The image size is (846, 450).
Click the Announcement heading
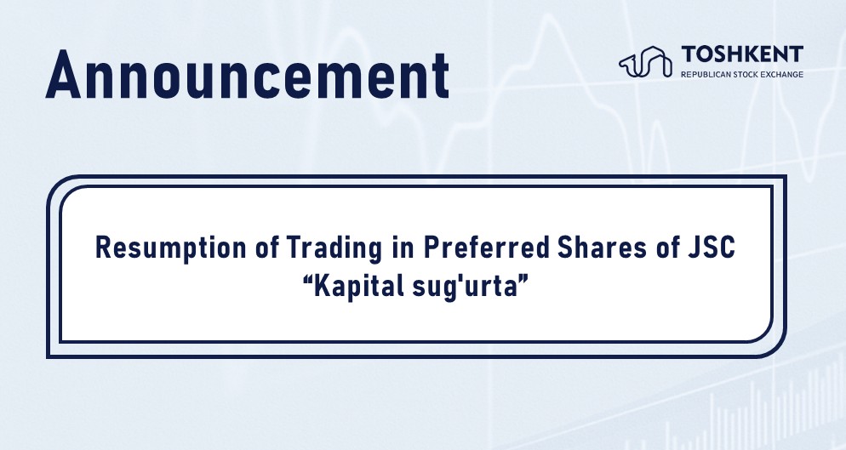[248, 75]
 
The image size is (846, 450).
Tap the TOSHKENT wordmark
[742, 54]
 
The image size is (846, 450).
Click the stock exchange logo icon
[645, 61]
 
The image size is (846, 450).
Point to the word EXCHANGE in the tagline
[782, 74]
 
